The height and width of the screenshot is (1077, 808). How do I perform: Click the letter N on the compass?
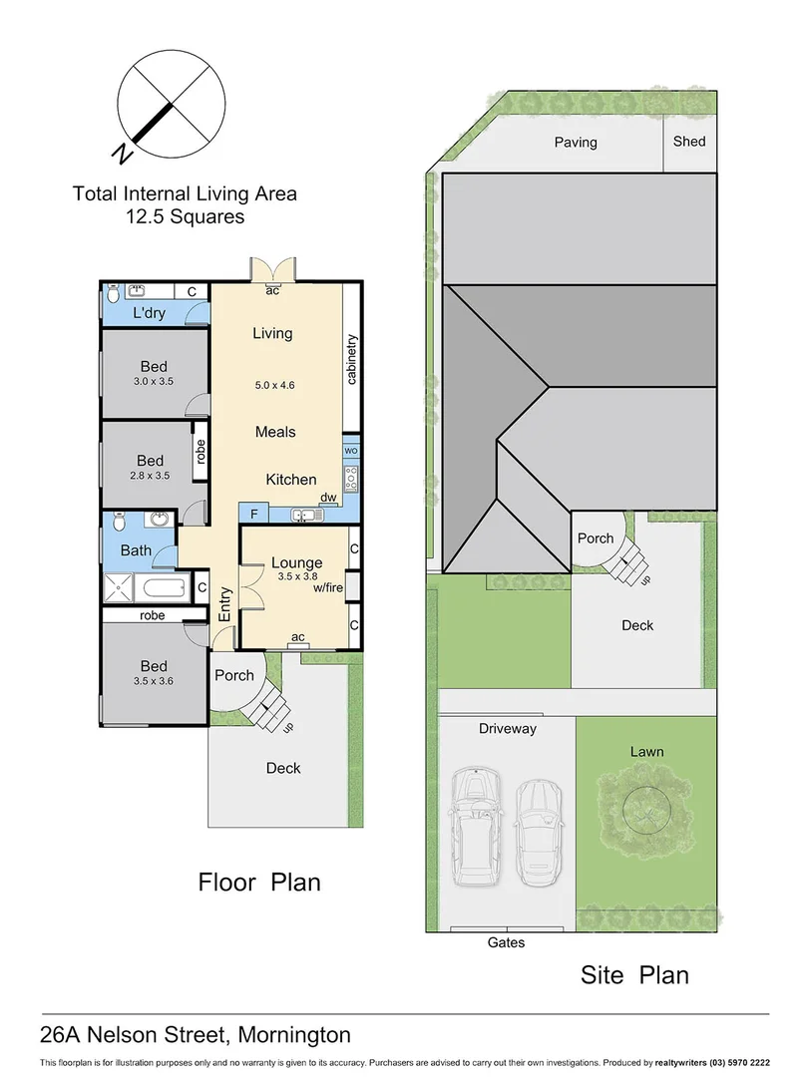[x=122, y=153]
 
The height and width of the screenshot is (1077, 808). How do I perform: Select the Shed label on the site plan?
[x=688, y=142]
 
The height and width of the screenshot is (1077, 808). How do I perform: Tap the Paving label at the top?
[x=576, y=143]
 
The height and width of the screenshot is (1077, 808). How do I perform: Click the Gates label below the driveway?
[x=506, y=942]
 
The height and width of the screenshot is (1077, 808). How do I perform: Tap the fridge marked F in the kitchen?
[x=253, y=515]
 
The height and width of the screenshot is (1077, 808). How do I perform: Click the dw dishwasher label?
[x=327, y=498]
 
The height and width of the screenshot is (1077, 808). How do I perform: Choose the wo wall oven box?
[x=350, y=451]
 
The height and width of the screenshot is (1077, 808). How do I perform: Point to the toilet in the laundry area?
[x=114, y=293]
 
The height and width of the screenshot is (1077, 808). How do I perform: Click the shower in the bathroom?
[x=124, y=588]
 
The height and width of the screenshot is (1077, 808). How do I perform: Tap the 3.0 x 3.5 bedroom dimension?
[x=154, y=381]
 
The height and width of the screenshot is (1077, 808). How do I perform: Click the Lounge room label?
[x=296, y=562]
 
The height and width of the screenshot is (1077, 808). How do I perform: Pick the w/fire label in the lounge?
[x=327, y=588]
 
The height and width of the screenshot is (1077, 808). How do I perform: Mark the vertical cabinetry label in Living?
[x=351, y=359]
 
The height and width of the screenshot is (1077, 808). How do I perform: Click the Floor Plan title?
[x=259, y=882]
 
